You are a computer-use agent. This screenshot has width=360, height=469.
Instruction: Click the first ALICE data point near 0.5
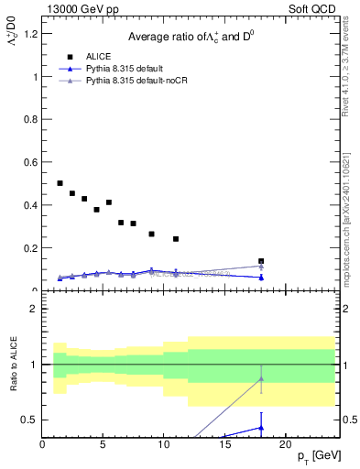[x=60, y=183]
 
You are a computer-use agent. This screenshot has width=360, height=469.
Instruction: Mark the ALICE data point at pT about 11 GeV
[x=176, y=239]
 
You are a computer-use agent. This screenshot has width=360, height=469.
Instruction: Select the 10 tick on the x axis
[x=164, y=444]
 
